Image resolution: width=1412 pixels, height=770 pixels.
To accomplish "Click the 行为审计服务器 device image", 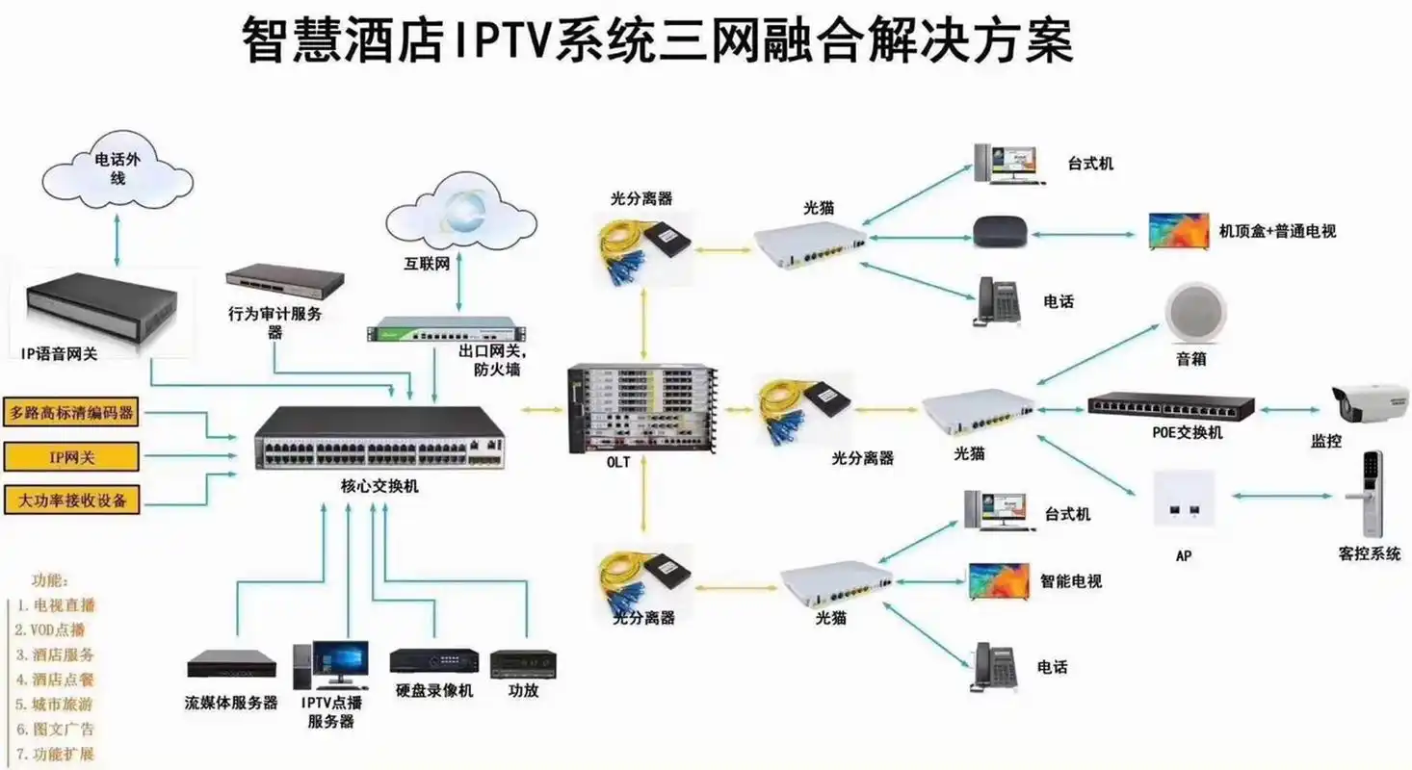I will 285,281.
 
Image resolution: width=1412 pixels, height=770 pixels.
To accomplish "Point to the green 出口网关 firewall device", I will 440,329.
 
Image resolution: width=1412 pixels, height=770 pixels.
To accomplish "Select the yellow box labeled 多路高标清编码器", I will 72,414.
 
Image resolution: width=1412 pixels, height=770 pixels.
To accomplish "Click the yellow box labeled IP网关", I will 72,457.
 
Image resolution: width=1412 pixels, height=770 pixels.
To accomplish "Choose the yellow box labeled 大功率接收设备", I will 72,500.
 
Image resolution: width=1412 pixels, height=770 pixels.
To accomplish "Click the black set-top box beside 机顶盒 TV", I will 999,231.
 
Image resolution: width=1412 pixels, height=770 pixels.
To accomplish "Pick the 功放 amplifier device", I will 523,663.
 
